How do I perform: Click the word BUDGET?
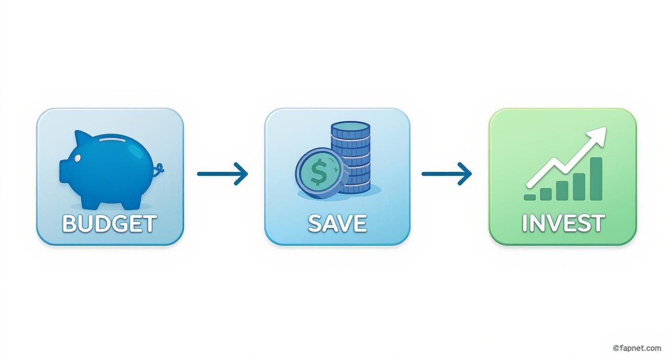[110, 223]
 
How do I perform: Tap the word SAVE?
[337, 223]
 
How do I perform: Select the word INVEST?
[563, 223]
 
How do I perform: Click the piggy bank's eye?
[77, 158]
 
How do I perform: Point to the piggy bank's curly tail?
[158, 169]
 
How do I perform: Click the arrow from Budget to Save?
[222, 174]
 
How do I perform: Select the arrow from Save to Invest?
[446, 174]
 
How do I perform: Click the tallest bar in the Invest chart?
[596, 179]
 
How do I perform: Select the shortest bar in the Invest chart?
[530, 198]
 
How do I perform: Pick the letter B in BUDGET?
[69, 224]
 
